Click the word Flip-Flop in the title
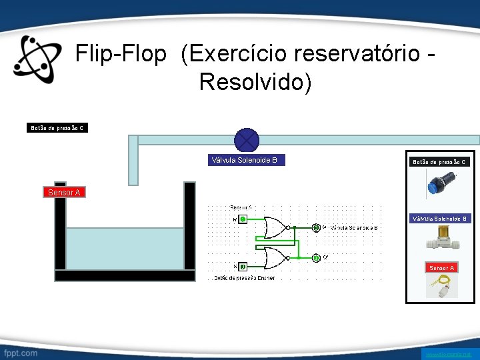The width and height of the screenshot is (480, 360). pyautogui.click(x=121, y=55)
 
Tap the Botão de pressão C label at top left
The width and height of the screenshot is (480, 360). pyautogui.click(x=57, y=127)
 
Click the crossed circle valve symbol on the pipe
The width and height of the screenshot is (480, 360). pyautogui.click(x=247, y=140)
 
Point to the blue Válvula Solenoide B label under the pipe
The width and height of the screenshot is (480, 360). pyautogui.click(x=244, y=160)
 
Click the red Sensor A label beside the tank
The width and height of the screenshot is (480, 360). pyautogui.click(x=64, y=193)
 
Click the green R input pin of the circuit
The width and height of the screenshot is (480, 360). pyautogui.click(x=243, y=219)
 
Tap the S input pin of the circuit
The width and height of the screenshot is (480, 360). pyautogui.click(x=243, y=267)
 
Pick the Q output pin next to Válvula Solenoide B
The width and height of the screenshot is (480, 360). pyautogui.click(x=317, y=228)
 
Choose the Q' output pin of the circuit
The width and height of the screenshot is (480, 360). pyautogui.click(x=317, y=258)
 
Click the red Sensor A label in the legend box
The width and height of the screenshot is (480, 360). pyautogui.click(x=441, y=268)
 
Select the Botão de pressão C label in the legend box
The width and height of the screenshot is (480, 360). pyautogui.click(x=440, y=162)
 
